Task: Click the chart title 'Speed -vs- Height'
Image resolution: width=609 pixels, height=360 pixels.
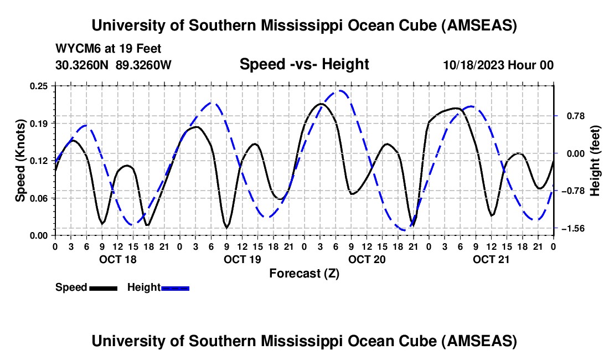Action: (x=304, y=64)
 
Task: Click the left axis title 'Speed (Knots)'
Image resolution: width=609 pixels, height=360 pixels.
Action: (x=20, y=161)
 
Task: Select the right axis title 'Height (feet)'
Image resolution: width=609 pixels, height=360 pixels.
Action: (x=596, y=161)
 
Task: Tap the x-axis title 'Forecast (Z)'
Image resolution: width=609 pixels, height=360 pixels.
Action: (x=304, y=273)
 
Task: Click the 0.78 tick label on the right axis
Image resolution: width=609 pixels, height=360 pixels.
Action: (x=572, y=116)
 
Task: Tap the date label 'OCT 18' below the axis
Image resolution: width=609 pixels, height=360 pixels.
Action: (x=117, y=259)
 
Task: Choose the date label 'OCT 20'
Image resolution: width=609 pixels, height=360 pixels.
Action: (x=367, y=259)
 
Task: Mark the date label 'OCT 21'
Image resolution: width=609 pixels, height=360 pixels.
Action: (x=491, y=259)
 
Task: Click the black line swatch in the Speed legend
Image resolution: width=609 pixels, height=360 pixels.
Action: (x=103, y=287)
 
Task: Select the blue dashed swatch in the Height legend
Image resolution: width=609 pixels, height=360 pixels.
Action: (x=175, y=287)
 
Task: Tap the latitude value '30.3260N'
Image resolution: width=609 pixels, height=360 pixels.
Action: (x=82, y=65)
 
